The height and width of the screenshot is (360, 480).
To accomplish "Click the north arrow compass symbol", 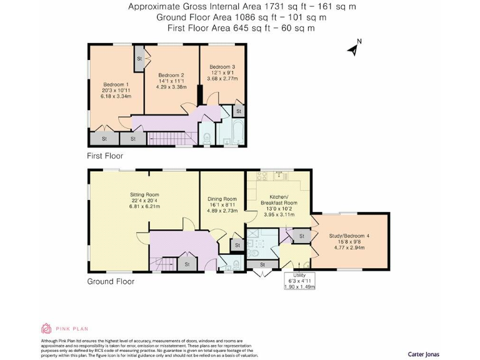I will click(354, 48).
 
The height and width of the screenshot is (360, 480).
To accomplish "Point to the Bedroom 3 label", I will click(222, 67).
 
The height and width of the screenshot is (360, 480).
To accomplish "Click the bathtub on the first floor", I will click(237, 132).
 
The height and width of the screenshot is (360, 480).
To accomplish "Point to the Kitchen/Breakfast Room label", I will click(279, 199).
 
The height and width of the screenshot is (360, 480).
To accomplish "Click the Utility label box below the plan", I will click(300, 281).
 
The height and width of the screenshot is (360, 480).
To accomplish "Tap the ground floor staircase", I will click(161, 262).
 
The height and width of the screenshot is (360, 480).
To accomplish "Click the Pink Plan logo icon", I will click(46, 328).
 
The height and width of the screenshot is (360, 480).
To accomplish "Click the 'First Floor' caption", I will click(105, 156).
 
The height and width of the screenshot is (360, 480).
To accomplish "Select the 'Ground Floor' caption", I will click(111, 281).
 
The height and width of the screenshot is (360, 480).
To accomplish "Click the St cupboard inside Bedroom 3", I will click(238, 111).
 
